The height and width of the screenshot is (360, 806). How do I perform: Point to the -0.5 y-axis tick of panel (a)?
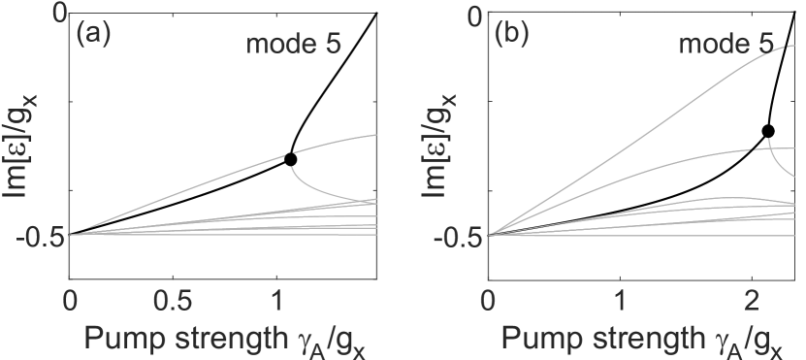pyautogui.click(x=39, y=235)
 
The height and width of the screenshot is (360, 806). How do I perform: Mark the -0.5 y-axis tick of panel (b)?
pyautogui.click(x=457, y=235)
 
